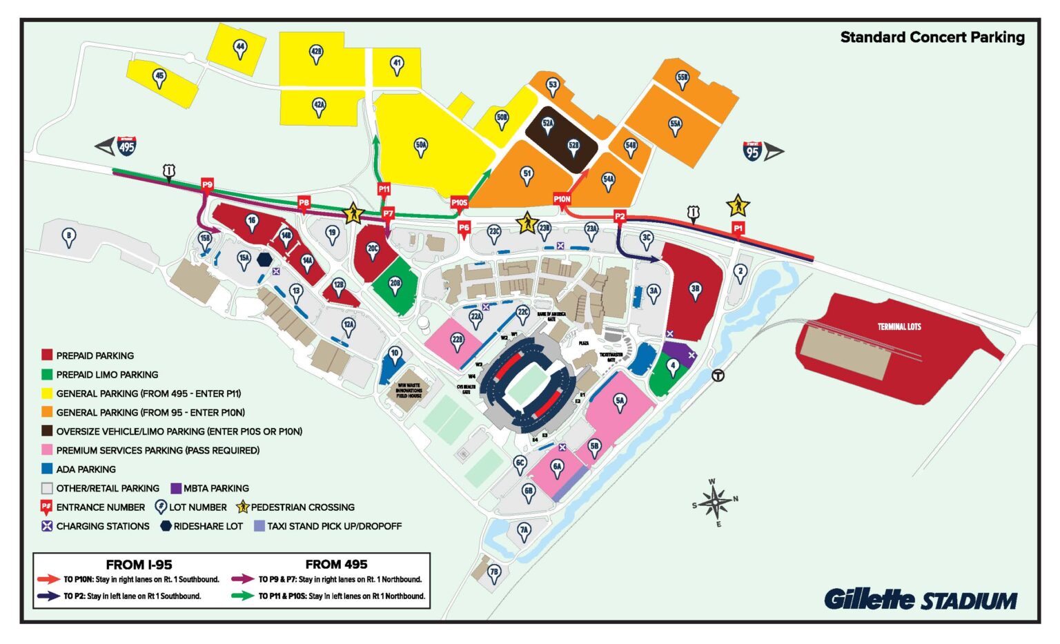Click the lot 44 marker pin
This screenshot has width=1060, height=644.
click(x=240, y=48)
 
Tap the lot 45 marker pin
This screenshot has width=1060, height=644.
click(x=159, y=77)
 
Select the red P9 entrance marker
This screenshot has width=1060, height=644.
click(x=207, y=185)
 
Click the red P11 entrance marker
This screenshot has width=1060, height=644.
click(x=384, y=189)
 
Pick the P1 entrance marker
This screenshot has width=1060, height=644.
click(x=738, y=228)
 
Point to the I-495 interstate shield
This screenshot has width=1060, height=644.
click(x=126, y=146)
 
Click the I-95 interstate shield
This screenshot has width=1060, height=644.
click(x=752, y=151)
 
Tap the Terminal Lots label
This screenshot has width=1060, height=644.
click(x=899, y=326)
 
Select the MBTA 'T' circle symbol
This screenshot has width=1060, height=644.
click(x=718, y=375)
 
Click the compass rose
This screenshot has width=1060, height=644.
click(x=716, y=502)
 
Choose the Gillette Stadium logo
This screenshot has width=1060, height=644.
click(x=920, y=599)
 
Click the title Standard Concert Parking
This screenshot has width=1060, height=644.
click(x=932, y=37)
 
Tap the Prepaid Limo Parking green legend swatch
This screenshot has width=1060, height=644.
click(x=47, y=374)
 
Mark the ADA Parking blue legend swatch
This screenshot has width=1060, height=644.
click(x=47, y=469)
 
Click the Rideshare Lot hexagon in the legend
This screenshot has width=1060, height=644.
click(x=166, y=526)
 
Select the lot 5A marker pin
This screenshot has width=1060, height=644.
click(x=620, y=402)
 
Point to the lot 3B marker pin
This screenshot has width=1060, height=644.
click(x=695, y=291)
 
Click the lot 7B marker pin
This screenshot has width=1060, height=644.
click(x=493, y=573)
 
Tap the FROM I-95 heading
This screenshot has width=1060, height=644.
click(x=139, y=564)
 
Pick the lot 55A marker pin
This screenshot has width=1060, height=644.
click(x=675, y=125)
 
